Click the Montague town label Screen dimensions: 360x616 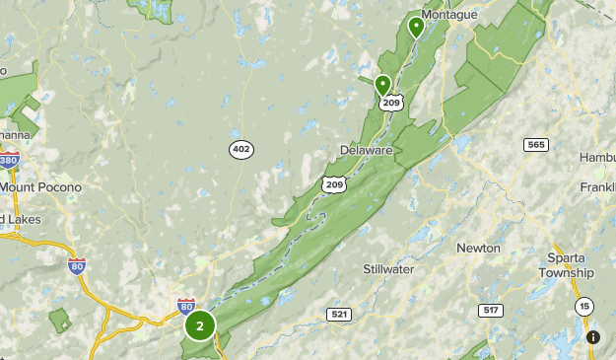(x=449, y=15)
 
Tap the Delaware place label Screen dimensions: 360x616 (x=366, y=150)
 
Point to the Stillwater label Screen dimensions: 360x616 (x=388, y=268)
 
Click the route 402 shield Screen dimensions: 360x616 (x=240, y=149)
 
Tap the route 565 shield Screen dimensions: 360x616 (x=536, y=145)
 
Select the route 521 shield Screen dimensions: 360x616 (x=339, y=314)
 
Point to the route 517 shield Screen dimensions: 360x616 (x=490, y=310)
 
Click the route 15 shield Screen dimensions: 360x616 (x=584, y=306)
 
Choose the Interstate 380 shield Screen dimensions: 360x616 (x=9, y=161)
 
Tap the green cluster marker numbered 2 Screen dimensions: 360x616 (x=200, y=324)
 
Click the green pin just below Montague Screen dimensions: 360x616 (x=416, y=27)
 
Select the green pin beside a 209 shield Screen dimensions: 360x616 (x=382, y=86)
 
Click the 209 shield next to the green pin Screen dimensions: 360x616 (x=391, y=102)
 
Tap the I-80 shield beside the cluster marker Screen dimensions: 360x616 (x=186, y=306)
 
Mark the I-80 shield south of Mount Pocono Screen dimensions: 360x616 (x=77, y=265)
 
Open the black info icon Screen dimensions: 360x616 (x=593, y=337)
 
